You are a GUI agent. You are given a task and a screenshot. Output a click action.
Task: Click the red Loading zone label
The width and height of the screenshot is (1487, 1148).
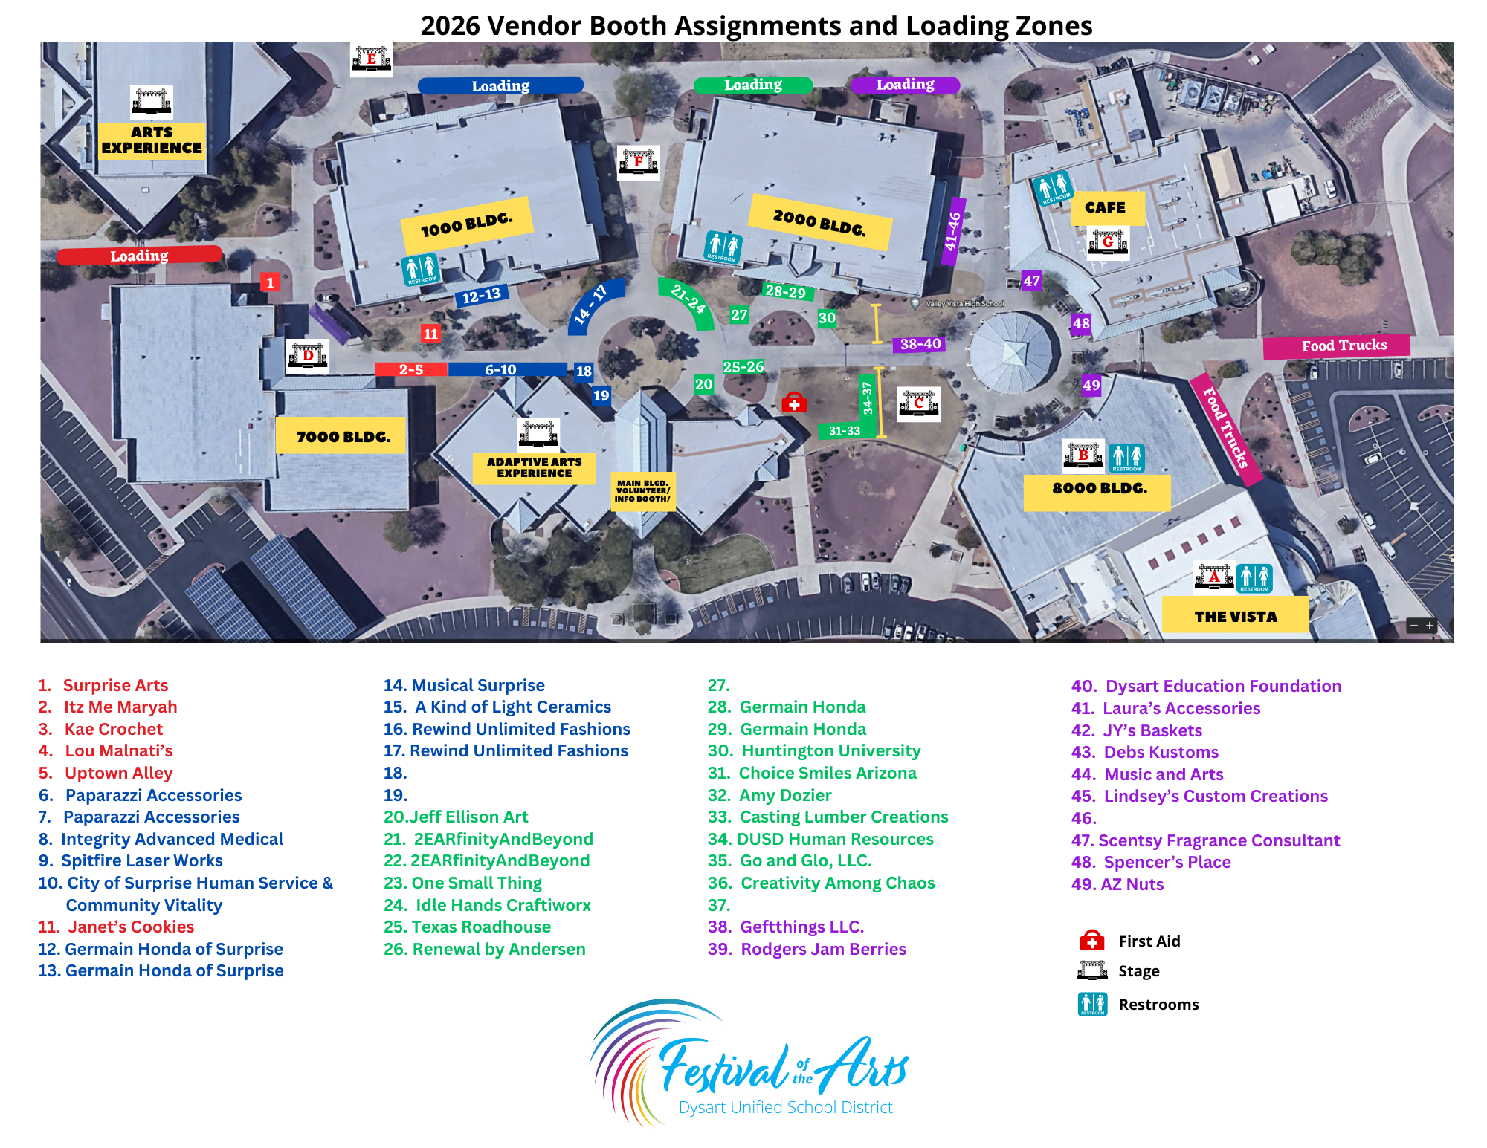pos(139,255)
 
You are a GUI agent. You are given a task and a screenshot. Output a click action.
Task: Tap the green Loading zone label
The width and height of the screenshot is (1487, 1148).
pos(752,85)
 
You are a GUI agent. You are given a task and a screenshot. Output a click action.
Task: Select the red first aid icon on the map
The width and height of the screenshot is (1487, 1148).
pos(794,403)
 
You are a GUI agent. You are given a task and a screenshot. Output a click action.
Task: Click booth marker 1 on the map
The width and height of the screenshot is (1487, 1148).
pos(270,282)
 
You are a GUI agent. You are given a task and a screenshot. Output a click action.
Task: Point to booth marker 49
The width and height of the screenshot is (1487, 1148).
pos(1091,385)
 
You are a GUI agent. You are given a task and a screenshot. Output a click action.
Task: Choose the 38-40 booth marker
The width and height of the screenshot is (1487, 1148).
pos(920,344)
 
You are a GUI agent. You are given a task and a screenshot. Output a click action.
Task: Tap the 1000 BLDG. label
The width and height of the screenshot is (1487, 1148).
pos(467,224)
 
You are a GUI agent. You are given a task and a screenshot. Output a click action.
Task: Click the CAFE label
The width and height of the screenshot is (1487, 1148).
pos(1105,207)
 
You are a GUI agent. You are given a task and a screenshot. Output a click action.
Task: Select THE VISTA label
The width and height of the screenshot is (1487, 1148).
pos(1235,616)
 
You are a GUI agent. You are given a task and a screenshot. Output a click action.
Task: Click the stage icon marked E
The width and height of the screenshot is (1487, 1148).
pos(371,59)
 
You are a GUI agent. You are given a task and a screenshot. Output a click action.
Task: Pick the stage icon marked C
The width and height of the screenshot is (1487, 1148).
pos(919,403)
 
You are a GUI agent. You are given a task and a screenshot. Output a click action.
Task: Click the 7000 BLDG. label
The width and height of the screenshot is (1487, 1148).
pos(343,437)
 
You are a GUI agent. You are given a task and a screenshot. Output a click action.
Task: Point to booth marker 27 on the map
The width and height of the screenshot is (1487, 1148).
pos(738,315)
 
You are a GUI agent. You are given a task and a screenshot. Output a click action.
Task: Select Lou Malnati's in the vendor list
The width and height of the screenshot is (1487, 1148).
pos(118,750)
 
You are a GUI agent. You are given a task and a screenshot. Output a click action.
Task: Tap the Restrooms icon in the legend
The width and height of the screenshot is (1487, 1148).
pos(1092,1004)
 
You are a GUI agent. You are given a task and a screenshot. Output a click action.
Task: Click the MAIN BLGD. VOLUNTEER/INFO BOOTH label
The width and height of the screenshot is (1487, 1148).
pos(642,491)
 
